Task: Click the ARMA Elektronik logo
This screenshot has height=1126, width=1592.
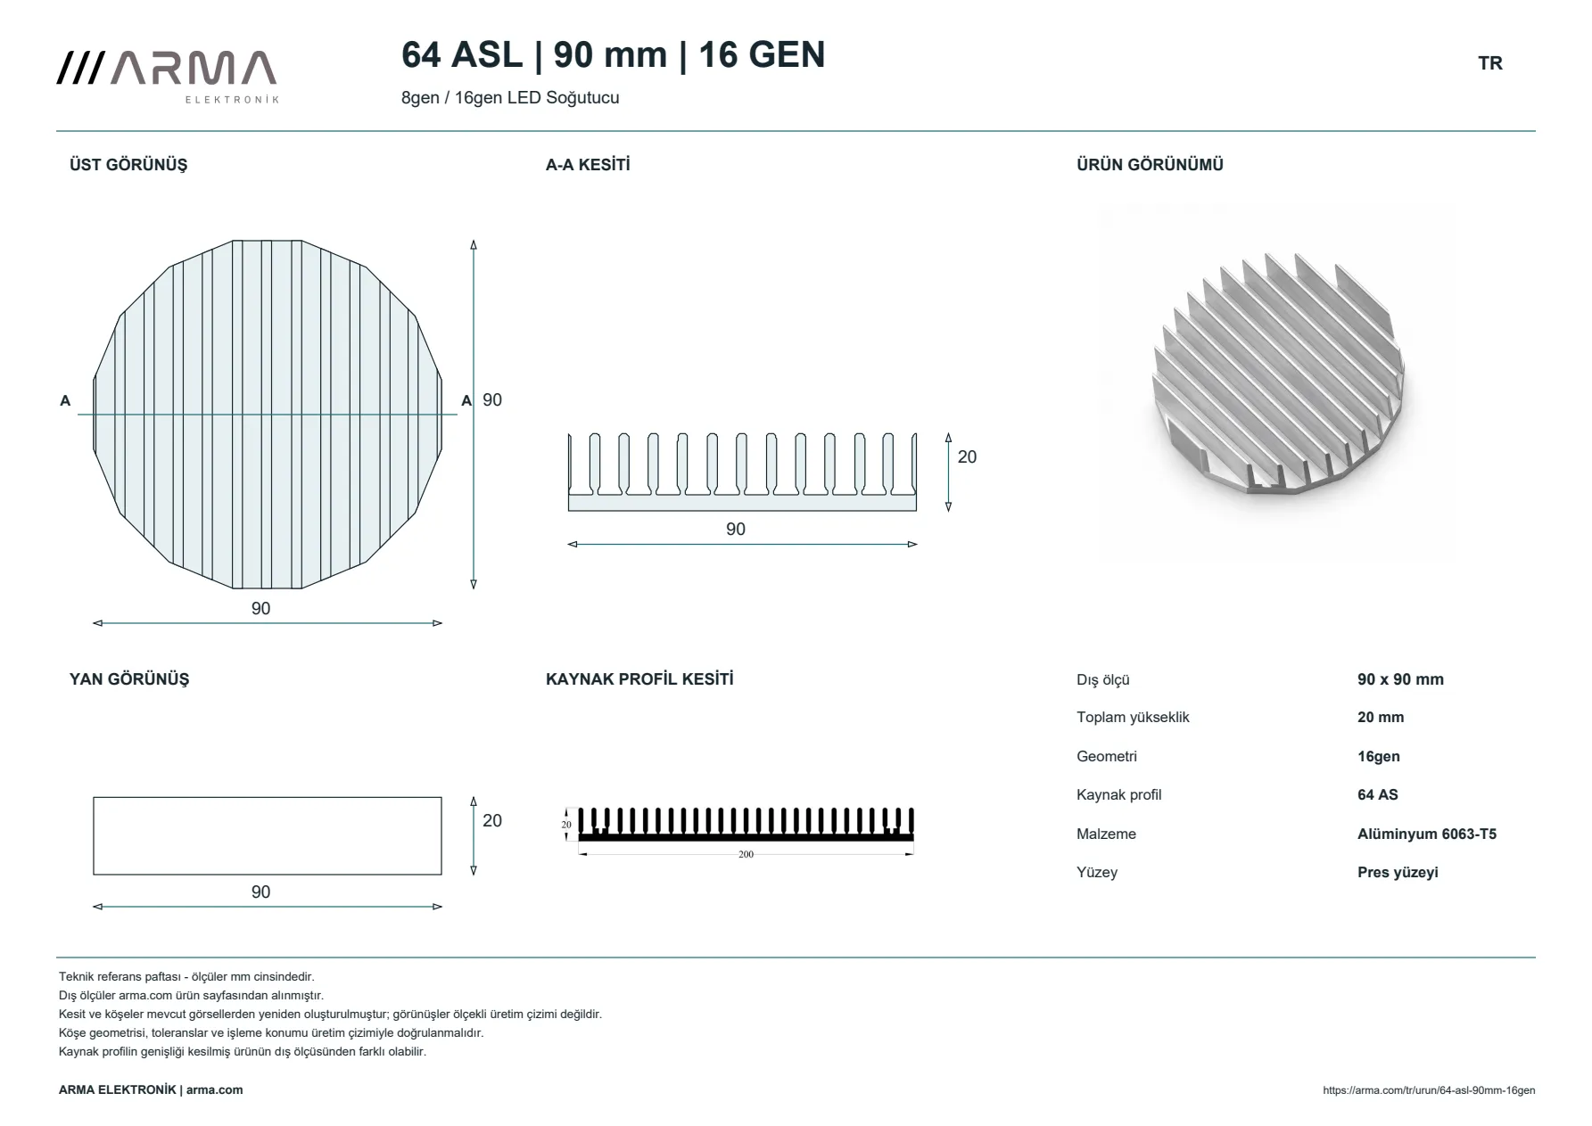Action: (x=167, y=77)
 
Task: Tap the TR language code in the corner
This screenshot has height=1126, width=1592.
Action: (x=1489, y=63)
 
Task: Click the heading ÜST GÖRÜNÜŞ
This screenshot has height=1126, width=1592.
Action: (x=128, y=165)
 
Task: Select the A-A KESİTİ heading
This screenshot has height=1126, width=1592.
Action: (x=588, y=165)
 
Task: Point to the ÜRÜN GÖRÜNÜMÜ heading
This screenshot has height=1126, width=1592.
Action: (x=1150, y=165)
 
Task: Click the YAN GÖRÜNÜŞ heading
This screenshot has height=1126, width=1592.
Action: (x=129, y=679)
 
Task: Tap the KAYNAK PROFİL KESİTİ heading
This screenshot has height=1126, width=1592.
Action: (x=639, y=679)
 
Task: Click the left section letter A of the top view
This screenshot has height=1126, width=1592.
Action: (x=65, y=401)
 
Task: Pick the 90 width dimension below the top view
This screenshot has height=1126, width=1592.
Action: (x=260, y=609)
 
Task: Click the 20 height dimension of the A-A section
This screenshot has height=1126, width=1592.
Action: (x=967, y=457)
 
